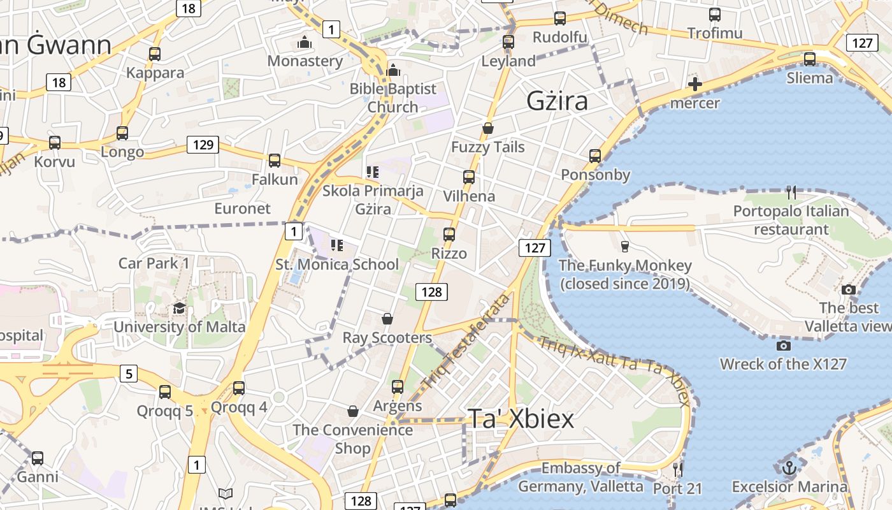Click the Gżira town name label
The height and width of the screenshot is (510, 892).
[x=557, y=101]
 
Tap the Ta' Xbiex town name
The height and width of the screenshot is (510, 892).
[x=521, y=418]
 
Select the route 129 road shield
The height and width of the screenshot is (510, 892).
[x=203, y=145]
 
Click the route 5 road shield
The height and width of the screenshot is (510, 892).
[x=129, y=373]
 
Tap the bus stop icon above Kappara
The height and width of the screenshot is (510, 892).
[x=155, y=54]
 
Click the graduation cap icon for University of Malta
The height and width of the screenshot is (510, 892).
[x=179, y=309]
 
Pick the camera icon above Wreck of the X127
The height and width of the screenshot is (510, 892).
[x=784, y=346]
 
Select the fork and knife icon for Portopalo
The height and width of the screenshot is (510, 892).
[x=791, y=192]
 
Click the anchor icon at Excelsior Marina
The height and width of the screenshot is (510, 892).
[x=789, y=468]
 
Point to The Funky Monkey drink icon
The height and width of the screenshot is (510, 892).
[x=624, y=246]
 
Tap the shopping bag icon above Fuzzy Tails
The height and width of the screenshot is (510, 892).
[x=488, y=128]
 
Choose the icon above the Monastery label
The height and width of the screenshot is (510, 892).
[x=305, y=43]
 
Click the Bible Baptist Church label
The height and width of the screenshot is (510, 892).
[x=393, y=98]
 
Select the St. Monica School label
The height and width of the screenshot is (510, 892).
[x=337, y=264]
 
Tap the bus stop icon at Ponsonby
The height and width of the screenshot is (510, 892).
[x=595, y=156]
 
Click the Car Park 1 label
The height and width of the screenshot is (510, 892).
[x=154, y=263]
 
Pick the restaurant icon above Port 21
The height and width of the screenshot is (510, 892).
[x=678, y=470]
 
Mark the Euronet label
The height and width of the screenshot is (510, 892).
[x=242, y=208]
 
